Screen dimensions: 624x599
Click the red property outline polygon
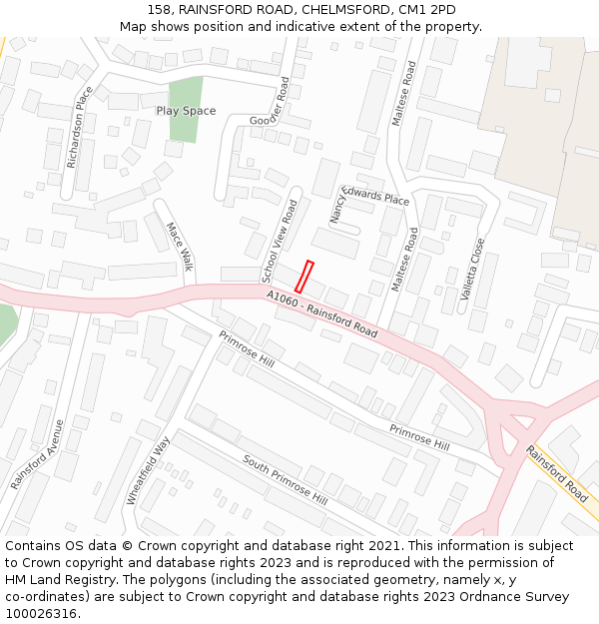click(304, 277)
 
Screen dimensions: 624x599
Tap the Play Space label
click(186, 111)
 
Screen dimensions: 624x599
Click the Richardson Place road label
click(79, 127)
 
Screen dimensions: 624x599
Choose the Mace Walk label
click(178, 247)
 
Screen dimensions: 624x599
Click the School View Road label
click(281, 241)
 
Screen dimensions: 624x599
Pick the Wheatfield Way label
click(150, 470)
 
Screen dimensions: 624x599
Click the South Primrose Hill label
click(285, 479)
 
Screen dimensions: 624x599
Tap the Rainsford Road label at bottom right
click(558, 473)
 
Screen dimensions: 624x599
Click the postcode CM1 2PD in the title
click(428, 9)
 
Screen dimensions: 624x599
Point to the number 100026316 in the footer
click(43, 614)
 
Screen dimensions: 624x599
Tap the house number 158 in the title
click(160, 9)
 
